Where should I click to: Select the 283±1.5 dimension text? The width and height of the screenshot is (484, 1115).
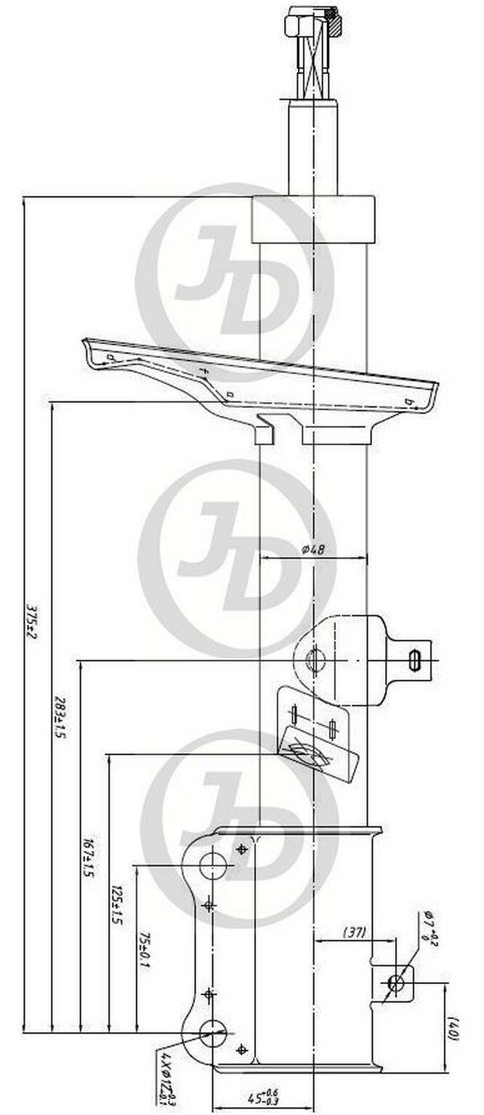point(60,717)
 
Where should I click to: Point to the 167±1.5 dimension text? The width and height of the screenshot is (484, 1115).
point(87,858)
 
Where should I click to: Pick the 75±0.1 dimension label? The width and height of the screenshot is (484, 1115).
point(143,945)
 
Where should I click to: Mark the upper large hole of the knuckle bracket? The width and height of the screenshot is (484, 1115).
point(213,866)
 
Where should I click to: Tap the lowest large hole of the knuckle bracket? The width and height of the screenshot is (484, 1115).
point(212,1032)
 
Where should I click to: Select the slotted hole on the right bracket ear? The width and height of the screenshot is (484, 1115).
point(415,660)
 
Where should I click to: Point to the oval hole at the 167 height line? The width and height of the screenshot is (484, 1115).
point(315,660)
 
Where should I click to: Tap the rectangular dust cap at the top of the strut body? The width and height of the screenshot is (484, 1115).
point(313,219)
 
